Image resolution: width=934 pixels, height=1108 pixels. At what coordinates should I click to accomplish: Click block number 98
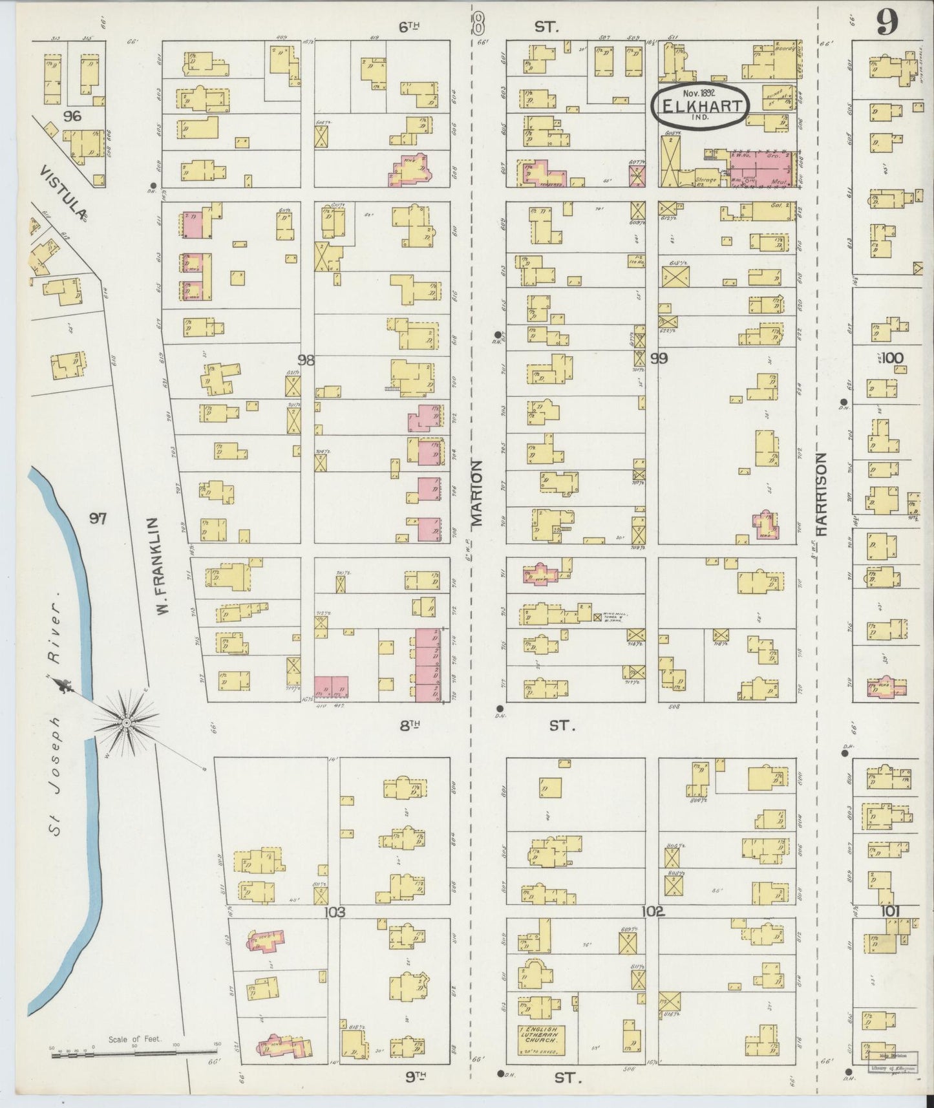306,360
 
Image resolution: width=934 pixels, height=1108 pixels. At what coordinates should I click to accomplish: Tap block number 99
659,358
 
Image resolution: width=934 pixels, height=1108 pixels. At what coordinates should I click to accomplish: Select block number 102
653,911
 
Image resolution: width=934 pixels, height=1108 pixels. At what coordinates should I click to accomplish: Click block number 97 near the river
98,518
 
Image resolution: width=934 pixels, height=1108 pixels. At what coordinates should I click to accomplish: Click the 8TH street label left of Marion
410,725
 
